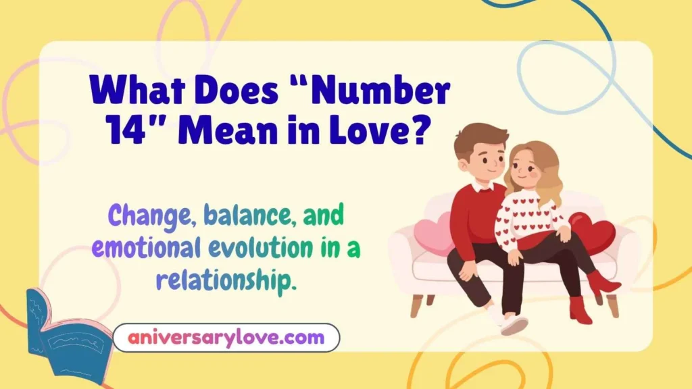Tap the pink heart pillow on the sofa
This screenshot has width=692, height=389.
432,232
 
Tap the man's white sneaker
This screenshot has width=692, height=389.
514,325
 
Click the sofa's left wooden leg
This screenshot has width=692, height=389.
417,305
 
